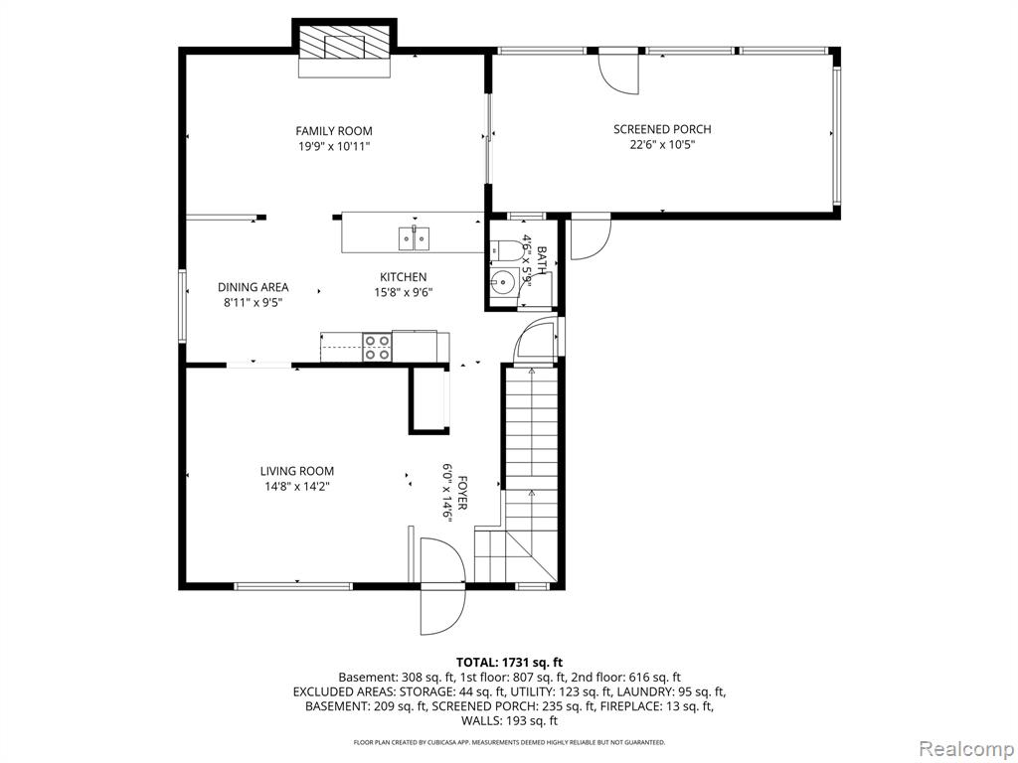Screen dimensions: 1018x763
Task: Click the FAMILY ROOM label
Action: (334, 131)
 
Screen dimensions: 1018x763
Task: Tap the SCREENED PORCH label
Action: (662, 129)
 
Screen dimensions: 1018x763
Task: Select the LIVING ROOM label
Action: (296, 471)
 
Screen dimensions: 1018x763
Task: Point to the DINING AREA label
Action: (253, 287)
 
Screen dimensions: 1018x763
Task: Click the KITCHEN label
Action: (404, 277)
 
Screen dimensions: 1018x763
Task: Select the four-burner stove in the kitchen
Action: (377, 346)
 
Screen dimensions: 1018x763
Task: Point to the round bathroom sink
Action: (502, 281)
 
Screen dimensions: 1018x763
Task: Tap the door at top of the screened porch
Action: (619, 73)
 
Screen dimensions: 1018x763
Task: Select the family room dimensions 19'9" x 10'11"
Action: (334, 147)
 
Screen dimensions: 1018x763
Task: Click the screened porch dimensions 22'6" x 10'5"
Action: (662, 145)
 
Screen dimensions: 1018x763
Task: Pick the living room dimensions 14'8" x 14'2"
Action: (296, 487)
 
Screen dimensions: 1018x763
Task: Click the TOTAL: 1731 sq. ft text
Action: (509, 663)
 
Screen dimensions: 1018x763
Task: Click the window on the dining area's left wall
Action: (183, 306)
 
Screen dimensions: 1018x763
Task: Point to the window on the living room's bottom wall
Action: (293, 586)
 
